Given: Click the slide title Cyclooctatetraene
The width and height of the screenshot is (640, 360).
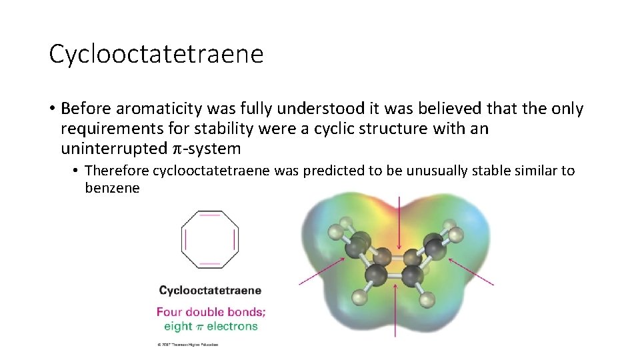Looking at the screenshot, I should [x=156, y=54].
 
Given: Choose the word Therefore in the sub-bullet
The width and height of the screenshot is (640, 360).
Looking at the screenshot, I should [x=117, y=171].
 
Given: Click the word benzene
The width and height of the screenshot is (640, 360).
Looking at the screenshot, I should [x=112, y=188].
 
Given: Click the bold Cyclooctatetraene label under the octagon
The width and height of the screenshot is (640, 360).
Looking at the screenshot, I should [x=210, y=291].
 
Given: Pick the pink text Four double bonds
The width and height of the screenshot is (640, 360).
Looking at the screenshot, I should [x=211, y=311].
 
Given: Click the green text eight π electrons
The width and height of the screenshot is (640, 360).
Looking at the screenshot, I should [x=211, y=326].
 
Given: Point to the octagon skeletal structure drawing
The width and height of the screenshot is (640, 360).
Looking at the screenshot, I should [x=210, y=239].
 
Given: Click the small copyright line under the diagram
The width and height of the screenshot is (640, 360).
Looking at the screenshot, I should [x=188, y=345].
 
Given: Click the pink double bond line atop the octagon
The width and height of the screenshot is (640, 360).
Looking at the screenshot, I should [x=210, y=215].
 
